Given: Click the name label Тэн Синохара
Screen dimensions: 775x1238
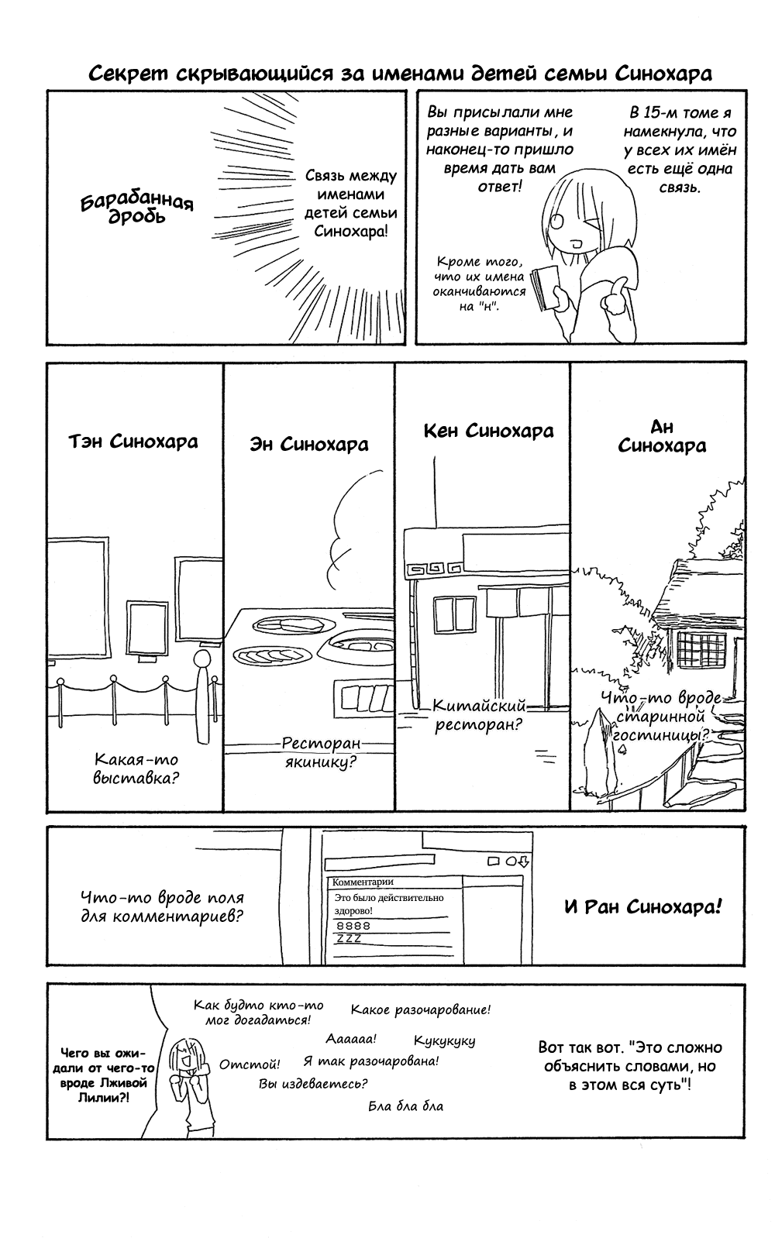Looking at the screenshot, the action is click(x=133, y=442).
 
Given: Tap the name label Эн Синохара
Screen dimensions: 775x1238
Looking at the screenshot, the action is click(x=309, y=445).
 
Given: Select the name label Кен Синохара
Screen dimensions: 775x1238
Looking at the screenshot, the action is click(x=489, y=431).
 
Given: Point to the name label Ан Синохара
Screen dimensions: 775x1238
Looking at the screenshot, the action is click(x=662, y=437).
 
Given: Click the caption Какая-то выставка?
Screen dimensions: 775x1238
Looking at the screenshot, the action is click(x=136, y=769).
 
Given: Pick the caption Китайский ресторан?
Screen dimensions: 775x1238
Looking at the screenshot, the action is click(x=479, y=714).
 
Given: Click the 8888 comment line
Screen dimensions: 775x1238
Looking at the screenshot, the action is click(x=353, y=925).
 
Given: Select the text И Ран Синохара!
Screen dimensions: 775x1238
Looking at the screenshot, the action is click(x=643, y=907).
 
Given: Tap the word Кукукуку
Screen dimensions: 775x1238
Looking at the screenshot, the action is click(x=444, y=1041).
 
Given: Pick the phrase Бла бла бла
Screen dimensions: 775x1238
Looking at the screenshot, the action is click(x=406, y=1106).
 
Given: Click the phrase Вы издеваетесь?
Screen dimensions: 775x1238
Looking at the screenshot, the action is click(x=313, y=1083).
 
